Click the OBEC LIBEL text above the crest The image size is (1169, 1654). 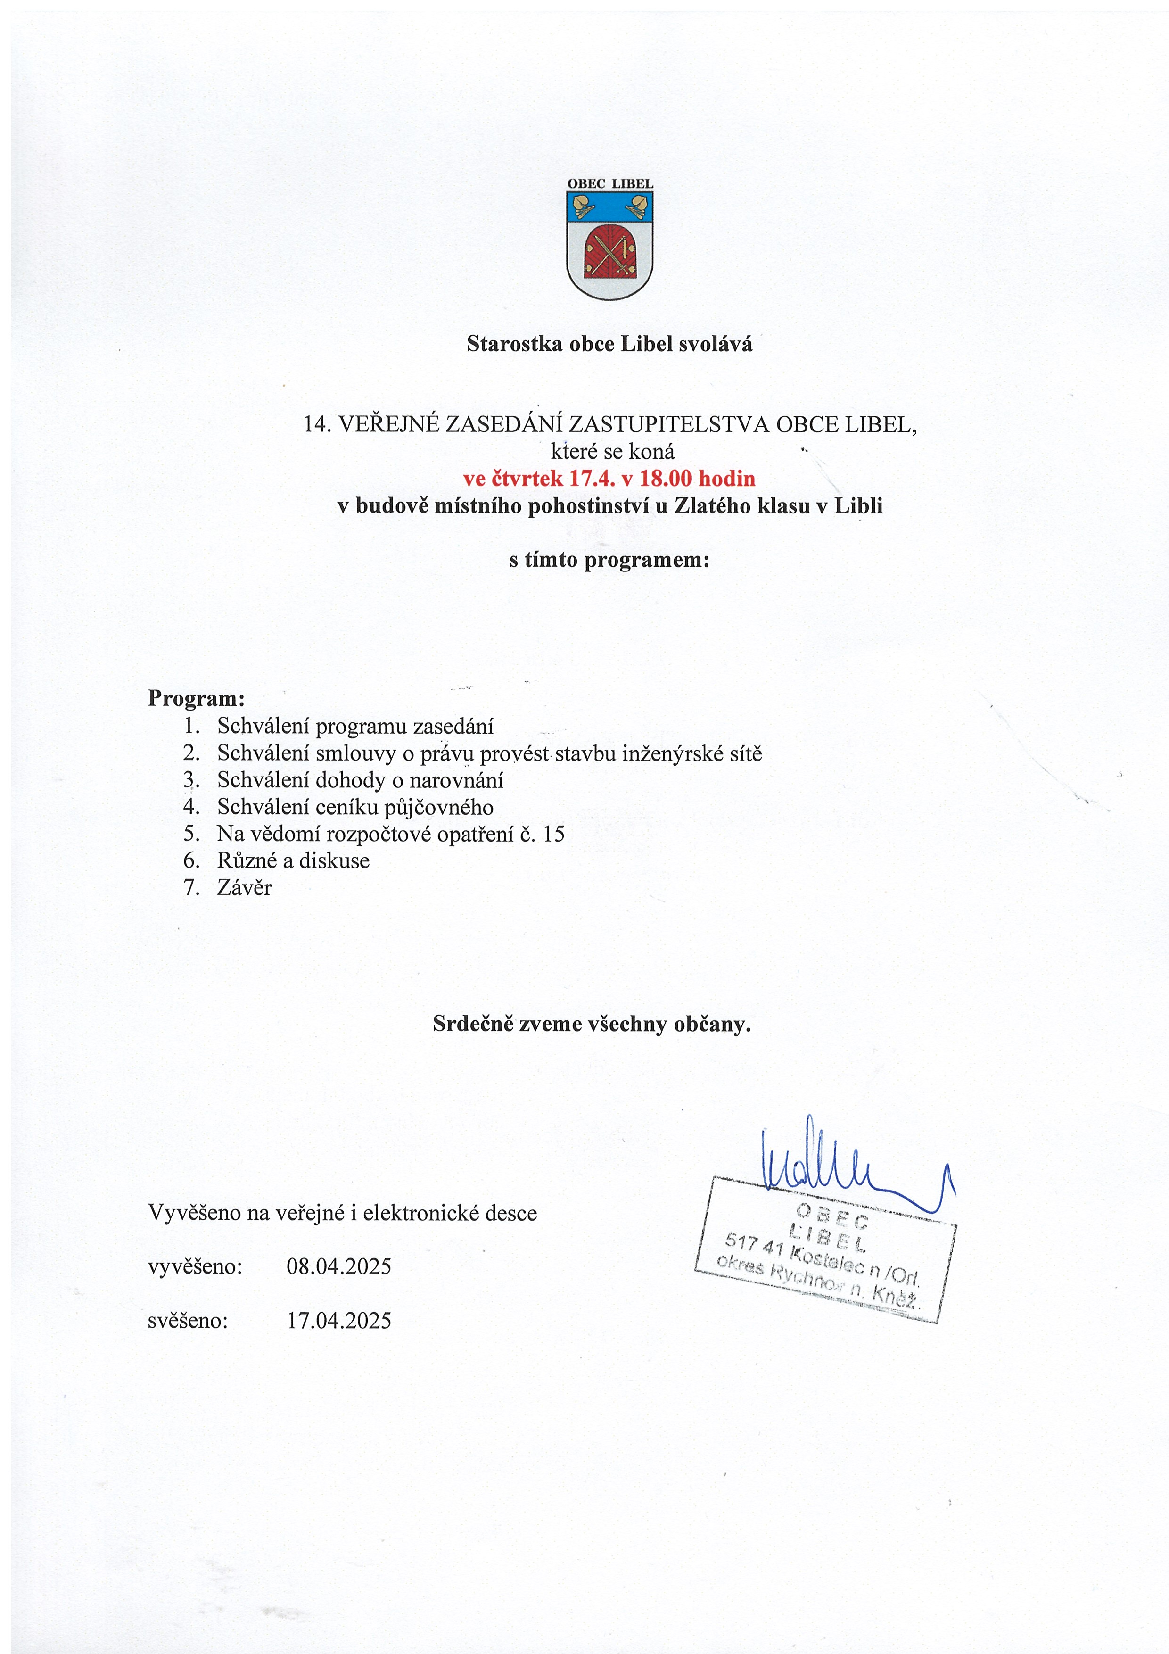click(x=609, y=184)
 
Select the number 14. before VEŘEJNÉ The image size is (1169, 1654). click(x=317, y=424)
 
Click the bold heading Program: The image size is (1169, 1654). click(x=197, y=698)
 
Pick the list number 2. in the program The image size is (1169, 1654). click(x=191, y=753)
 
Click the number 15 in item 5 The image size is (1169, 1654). click(x=554, y=834)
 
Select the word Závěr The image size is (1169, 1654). click(x=244, y=887)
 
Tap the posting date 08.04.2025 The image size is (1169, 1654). click(x=338, y=1266)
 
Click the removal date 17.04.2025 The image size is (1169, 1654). click(x=338, y=1321)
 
